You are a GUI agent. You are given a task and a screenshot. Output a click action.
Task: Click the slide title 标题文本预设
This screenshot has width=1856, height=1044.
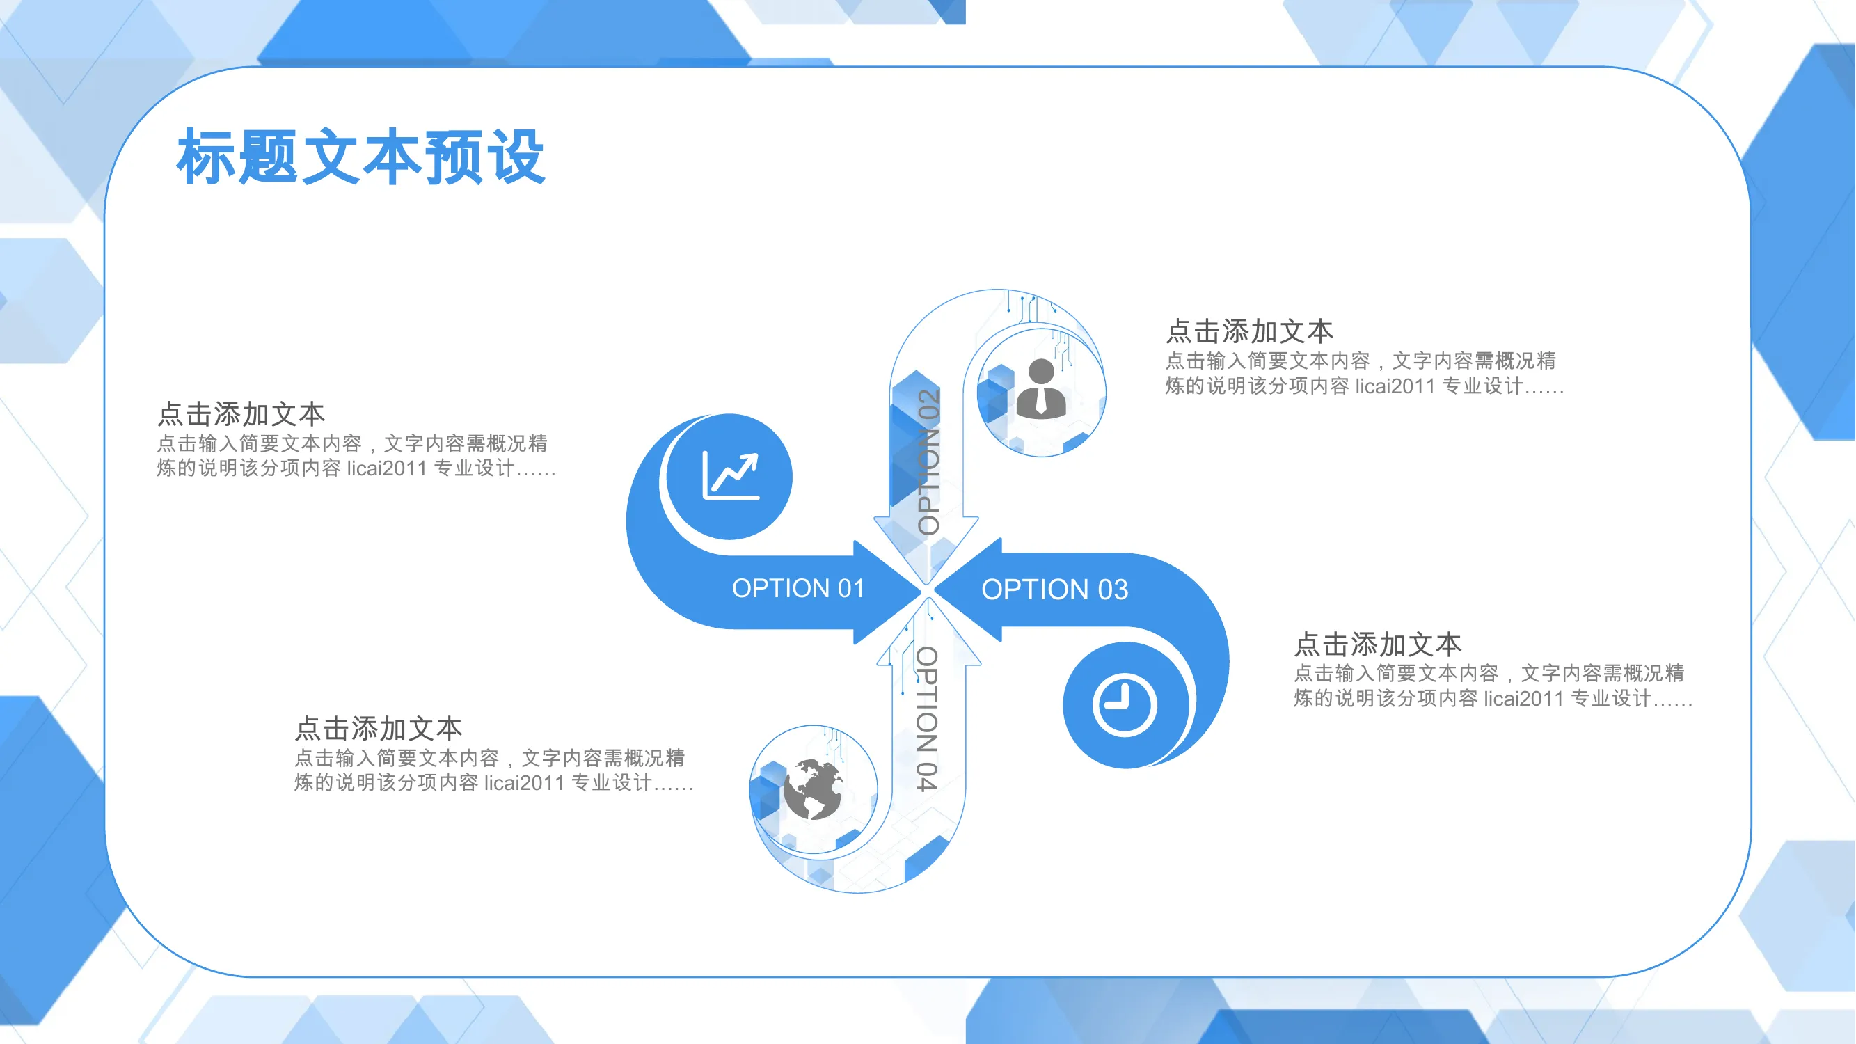360,157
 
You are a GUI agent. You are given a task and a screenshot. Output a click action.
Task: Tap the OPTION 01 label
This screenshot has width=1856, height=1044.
798,589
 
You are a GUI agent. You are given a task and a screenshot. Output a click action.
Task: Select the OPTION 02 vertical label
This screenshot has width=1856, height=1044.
929,462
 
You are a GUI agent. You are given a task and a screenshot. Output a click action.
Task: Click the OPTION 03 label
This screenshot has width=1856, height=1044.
1055,590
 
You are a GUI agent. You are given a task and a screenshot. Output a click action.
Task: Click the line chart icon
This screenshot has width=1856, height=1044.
731,475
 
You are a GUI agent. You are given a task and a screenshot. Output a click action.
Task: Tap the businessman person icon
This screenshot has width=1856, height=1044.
1041,388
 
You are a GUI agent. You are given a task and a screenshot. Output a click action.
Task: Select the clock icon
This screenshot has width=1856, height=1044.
1125,705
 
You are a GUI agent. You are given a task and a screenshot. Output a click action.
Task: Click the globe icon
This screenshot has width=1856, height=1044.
814,790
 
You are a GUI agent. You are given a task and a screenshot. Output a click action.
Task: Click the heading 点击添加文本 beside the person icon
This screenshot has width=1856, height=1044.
1250,331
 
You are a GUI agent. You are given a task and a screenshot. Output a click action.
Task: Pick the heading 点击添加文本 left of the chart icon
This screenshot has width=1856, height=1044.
241,414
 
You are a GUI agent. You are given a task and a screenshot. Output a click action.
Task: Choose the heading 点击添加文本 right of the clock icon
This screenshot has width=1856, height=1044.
1379,644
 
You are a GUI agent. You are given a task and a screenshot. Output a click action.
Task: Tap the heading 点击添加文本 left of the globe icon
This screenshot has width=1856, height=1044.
379,729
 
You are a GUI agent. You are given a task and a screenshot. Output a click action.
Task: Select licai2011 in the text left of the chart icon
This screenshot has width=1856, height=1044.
387,468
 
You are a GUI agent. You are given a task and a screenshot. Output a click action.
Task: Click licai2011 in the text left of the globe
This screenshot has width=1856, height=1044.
525,783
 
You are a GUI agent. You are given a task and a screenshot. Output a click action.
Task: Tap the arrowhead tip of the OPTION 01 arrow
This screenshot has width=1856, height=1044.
921,592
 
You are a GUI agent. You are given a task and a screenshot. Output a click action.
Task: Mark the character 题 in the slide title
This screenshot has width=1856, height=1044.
267,157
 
